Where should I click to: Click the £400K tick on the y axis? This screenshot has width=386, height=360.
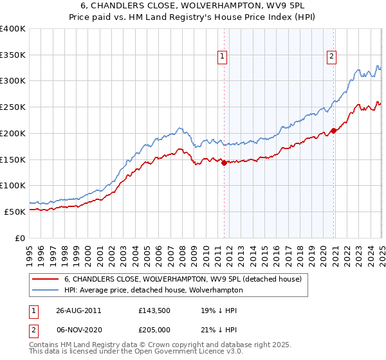click(13, 29)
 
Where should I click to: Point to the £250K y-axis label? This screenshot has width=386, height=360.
click(13, 107)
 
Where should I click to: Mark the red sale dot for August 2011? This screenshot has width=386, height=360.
click(224, 163)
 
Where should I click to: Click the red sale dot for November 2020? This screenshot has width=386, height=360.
click(333, 131)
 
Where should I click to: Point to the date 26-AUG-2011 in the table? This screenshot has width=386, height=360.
click(79, 310)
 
